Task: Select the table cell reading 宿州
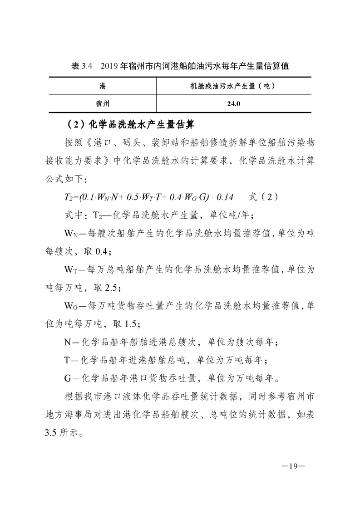[x=103, y=103]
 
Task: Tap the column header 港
[x=103, y=85]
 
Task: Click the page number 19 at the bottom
[x=292, y=466]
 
